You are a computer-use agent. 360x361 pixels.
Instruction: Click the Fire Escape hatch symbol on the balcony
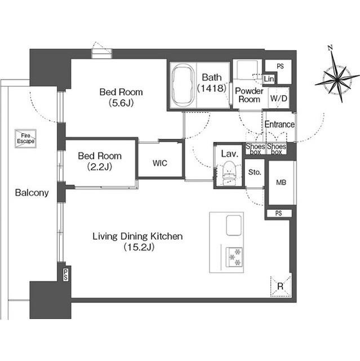click(25, 139)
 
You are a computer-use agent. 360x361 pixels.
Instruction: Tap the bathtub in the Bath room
click(183, 85)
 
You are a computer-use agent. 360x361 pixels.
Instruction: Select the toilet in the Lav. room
click(229, 173)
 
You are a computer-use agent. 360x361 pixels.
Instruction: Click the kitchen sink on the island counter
click(234, 226)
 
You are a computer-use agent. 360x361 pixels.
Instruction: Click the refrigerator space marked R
click(281, 286)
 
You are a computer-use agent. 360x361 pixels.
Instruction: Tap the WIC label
click(160, 163)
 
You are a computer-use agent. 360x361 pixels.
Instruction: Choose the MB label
click(281, 183)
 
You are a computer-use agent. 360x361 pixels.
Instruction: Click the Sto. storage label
click(255, 172)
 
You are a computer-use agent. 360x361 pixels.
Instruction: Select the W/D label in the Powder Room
click(279, 99)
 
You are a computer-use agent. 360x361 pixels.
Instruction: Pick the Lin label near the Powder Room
click(269, 79)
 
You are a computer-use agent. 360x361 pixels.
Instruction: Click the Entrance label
click(279, 124)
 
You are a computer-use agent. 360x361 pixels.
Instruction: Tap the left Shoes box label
click(255, 149)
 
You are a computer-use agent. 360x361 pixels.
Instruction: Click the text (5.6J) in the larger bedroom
click(121, 103)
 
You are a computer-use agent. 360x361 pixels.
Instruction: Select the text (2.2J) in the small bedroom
click(100, 166)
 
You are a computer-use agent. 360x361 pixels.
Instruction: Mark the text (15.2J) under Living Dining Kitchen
click(139, 247)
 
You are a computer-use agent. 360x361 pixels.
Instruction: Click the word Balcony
click(32, 192)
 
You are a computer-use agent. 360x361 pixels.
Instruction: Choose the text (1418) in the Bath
click(212, 88)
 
